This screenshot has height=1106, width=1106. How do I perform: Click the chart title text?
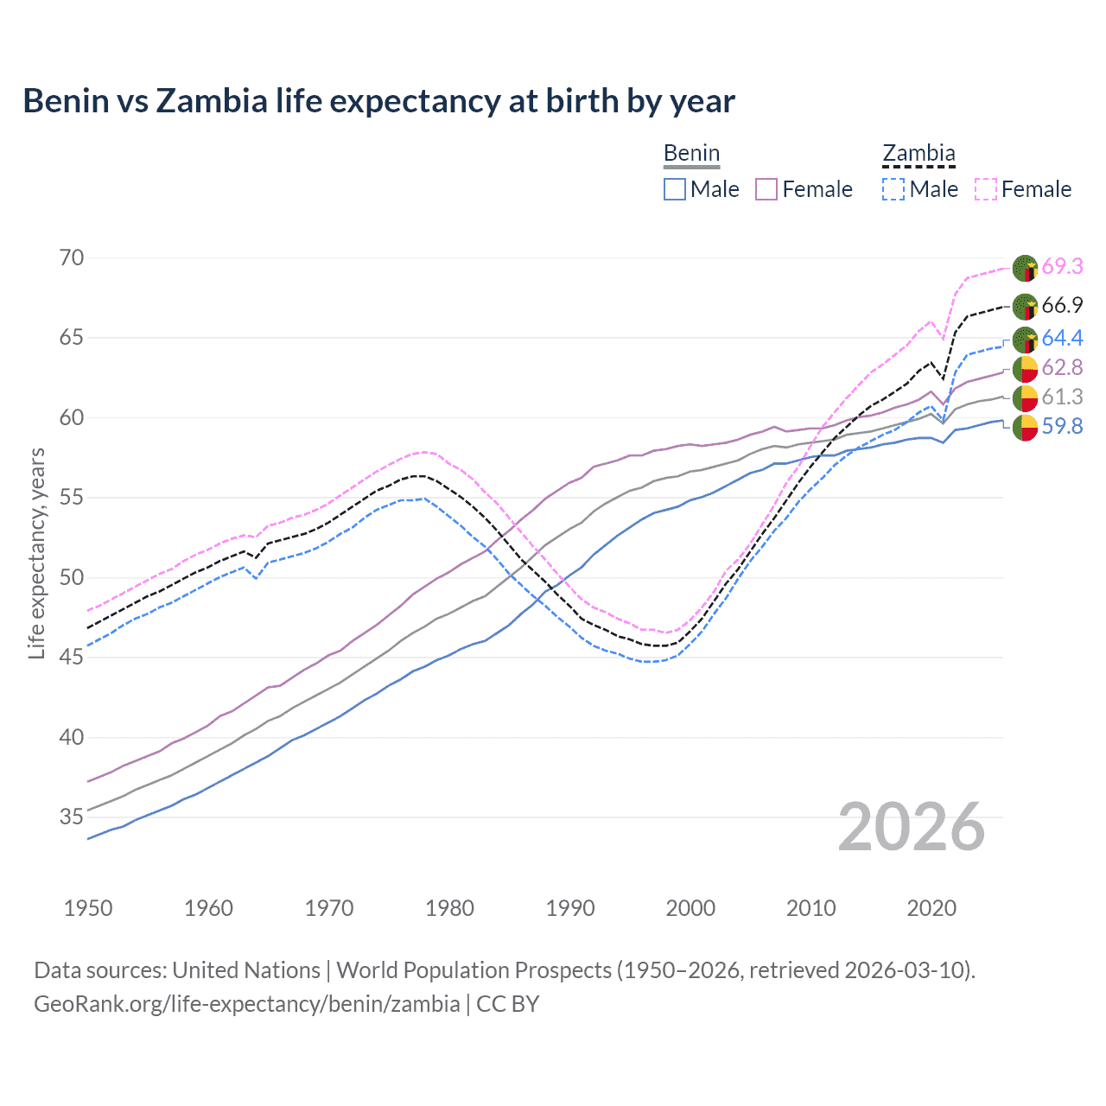point(378,101)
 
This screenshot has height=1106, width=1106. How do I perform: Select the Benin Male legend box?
point(675,189)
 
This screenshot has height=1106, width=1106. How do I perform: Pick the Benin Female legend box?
point(766,189)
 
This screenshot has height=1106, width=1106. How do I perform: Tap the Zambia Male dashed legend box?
point(893,189)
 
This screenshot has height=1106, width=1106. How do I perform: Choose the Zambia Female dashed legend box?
point(986,189)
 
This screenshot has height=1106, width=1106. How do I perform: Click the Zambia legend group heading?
point(918,154)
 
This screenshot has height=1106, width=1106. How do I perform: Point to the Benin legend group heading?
point(691,154)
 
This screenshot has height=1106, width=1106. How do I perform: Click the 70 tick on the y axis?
point(73,257)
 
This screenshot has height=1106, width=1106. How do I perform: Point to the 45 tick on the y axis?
point(73,658)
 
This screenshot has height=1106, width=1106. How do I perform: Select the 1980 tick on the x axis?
point(450,908)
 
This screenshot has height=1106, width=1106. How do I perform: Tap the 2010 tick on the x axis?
point(810,908)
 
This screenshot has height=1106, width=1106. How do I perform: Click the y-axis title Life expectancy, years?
point(36,553)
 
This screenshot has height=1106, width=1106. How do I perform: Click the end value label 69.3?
point(1062,266)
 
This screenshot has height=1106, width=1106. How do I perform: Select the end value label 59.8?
point(1062,426)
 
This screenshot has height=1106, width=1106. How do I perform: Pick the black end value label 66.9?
point(1062,305)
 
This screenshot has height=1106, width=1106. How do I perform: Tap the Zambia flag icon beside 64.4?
point(1025,339)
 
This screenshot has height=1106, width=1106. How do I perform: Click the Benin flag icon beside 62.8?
point(1025,368)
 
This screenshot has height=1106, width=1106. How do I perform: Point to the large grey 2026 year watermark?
point(912,828)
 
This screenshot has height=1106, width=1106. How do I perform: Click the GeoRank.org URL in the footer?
point(246,1004)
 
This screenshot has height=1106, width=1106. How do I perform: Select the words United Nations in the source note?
point(246,970)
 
